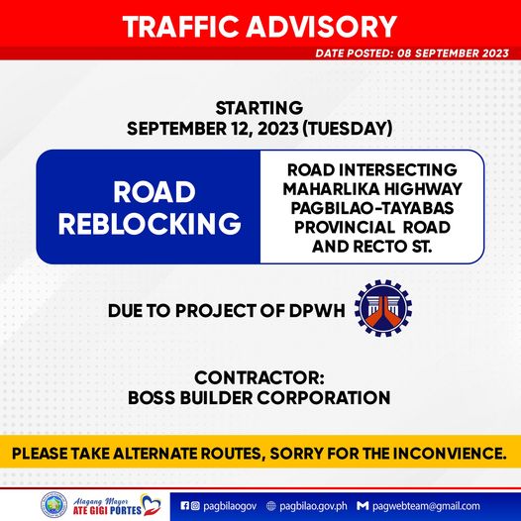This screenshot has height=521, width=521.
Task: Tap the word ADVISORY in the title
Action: pyautogui.click(x=322, y=27)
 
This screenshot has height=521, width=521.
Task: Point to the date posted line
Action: pyautogui.click(x=412, y=53)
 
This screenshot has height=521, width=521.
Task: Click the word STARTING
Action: pyautogui.click(x=260, y=108)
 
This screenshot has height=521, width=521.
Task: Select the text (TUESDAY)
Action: pyautogui.click(x=348, y=129)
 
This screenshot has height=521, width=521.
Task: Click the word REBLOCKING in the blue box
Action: pyautogui.click(x=150, y=223)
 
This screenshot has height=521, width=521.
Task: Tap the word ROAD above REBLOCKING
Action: pyautogui.click(x=155, y=192)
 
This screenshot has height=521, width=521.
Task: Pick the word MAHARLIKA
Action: pyautogui.click(x=326, y=189)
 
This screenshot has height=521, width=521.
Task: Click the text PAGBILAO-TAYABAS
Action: pyautogui.click(x=372, y=208)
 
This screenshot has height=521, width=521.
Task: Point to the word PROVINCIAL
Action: pyautogui.click(x=345, y=228)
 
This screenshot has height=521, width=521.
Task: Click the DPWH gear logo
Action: pyautogui.click(x=383, y=308)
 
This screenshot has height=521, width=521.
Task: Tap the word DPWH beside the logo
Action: pyautogui.click(x=317, y=311)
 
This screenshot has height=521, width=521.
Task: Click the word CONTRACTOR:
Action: pyautogui.click(x=260, y=377)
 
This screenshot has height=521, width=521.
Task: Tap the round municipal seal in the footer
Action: pyautogui.click(x=53, y=505)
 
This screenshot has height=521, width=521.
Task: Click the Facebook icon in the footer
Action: pyautogui.click(x=185, y=506)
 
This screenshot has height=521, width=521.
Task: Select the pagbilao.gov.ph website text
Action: pyautogui.click(x=313, y=506)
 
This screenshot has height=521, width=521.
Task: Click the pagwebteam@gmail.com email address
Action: pyautogui.click(x=426, y=506)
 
